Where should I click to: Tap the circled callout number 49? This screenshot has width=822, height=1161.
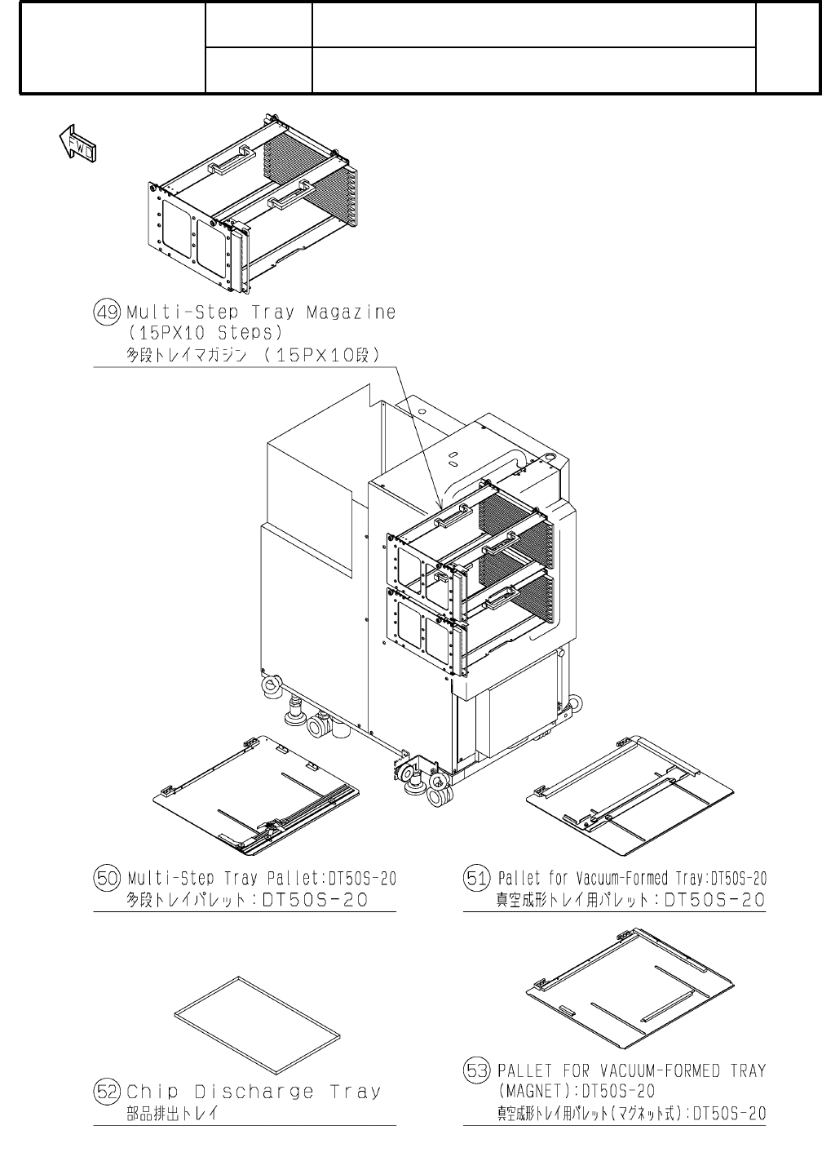[108, 313]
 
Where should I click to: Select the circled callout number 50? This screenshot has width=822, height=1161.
[108, 879]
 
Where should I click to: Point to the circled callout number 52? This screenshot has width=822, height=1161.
[108, 1092]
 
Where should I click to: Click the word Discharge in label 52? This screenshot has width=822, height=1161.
[254, 1092]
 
